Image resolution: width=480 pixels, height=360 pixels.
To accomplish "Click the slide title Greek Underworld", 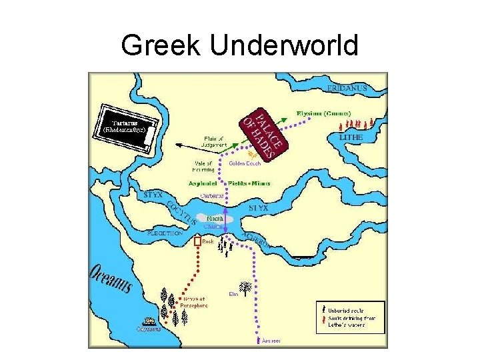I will point(240,45).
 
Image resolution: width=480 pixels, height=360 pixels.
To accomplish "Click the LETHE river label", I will point(351,137).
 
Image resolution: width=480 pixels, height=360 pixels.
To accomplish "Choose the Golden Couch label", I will point(244,163).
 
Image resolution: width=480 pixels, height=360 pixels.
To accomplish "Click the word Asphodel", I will point(200,183).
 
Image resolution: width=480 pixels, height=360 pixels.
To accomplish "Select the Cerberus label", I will point(212,195).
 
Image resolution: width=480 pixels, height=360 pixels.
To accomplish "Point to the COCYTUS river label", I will point(181,212).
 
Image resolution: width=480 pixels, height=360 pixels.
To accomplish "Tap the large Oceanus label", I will point(111,280).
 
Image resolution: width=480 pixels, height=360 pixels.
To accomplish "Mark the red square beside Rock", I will point(197,242).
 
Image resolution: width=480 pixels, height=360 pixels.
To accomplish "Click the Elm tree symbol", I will point(245,288).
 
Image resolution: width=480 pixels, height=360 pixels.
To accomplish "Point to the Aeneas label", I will point(271,341).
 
